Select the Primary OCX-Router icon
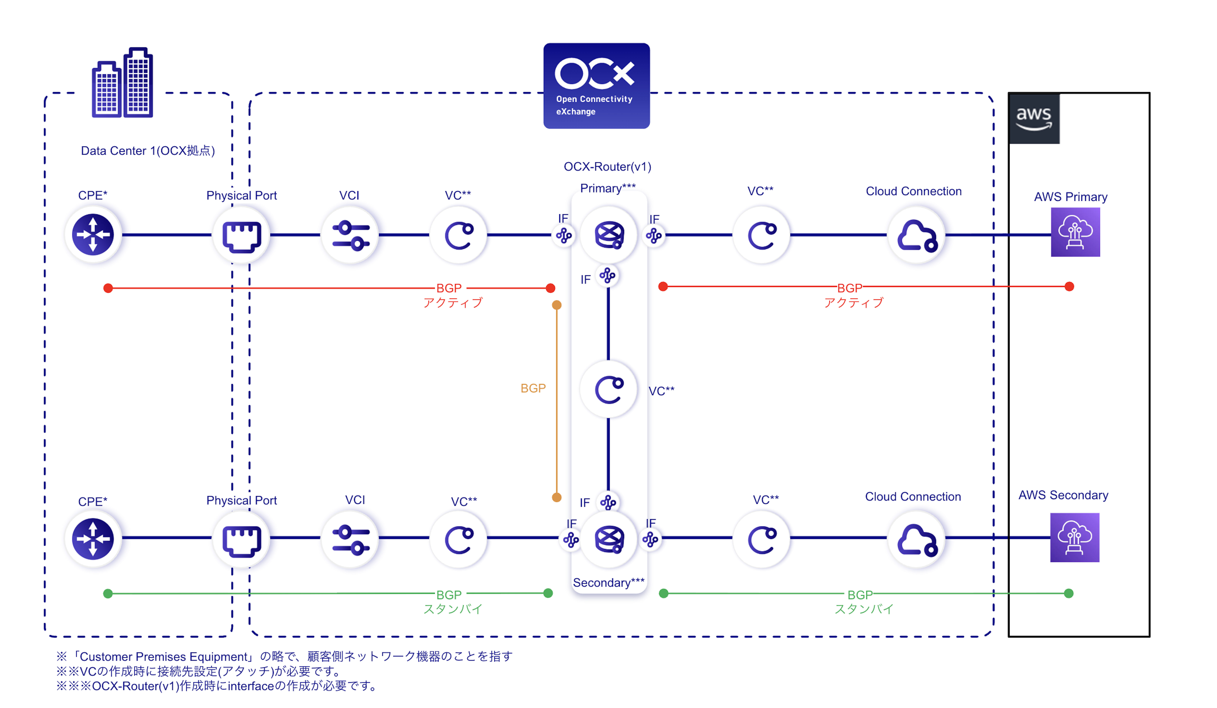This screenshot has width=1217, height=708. [609, 234]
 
